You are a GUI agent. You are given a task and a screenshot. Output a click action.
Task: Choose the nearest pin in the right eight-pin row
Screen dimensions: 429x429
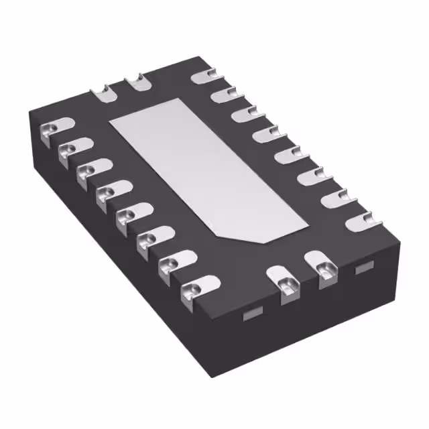[357, 219]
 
